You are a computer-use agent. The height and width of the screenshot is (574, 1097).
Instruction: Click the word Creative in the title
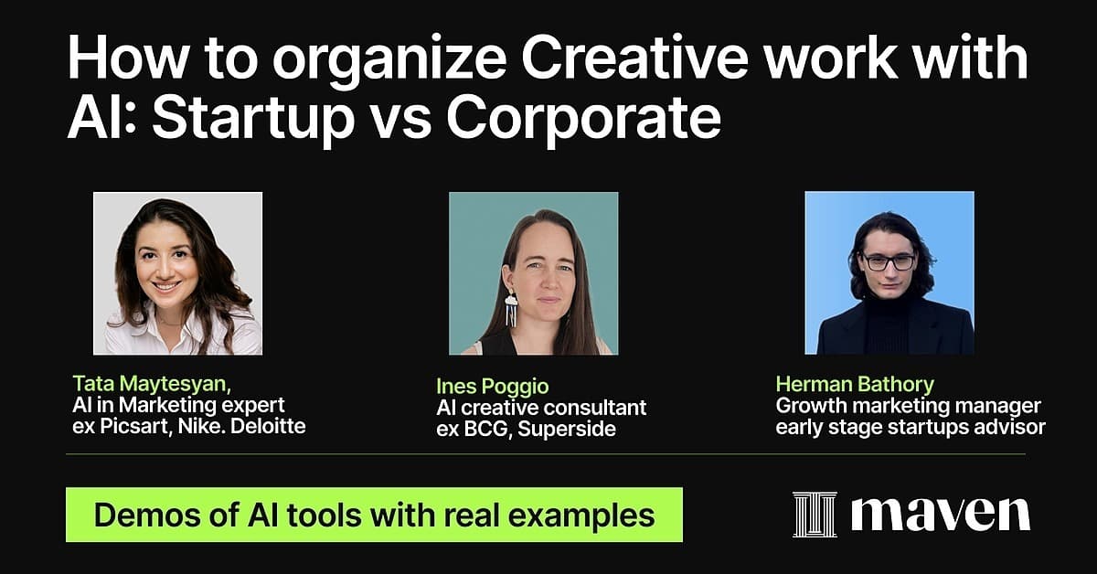(634, 58)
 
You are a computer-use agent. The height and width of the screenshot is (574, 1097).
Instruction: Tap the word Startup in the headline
(252, 119)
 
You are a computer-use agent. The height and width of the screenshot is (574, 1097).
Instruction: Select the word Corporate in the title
(583, 119)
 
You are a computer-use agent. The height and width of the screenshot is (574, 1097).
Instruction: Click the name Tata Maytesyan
(152, 384)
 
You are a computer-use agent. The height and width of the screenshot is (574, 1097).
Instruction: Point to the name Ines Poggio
(492, 387)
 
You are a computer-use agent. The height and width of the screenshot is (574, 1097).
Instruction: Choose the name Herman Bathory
(855, 385)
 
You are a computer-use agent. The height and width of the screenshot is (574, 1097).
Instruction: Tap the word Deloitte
(268, 426)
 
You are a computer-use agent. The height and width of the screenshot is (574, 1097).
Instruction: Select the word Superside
(566, 429)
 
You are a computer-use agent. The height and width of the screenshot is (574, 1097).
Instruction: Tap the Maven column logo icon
(815, 515)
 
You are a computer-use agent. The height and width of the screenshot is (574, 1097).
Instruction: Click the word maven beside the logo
(941, 515)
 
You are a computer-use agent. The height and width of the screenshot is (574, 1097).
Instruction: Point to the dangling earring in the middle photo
(511, 308)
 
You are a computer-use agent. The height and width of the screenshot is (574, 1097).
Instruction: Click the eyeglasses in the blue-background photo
(888, 262)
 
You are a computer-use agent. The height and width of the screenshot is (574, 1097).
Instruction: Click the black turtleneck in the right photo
(887, 324)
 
